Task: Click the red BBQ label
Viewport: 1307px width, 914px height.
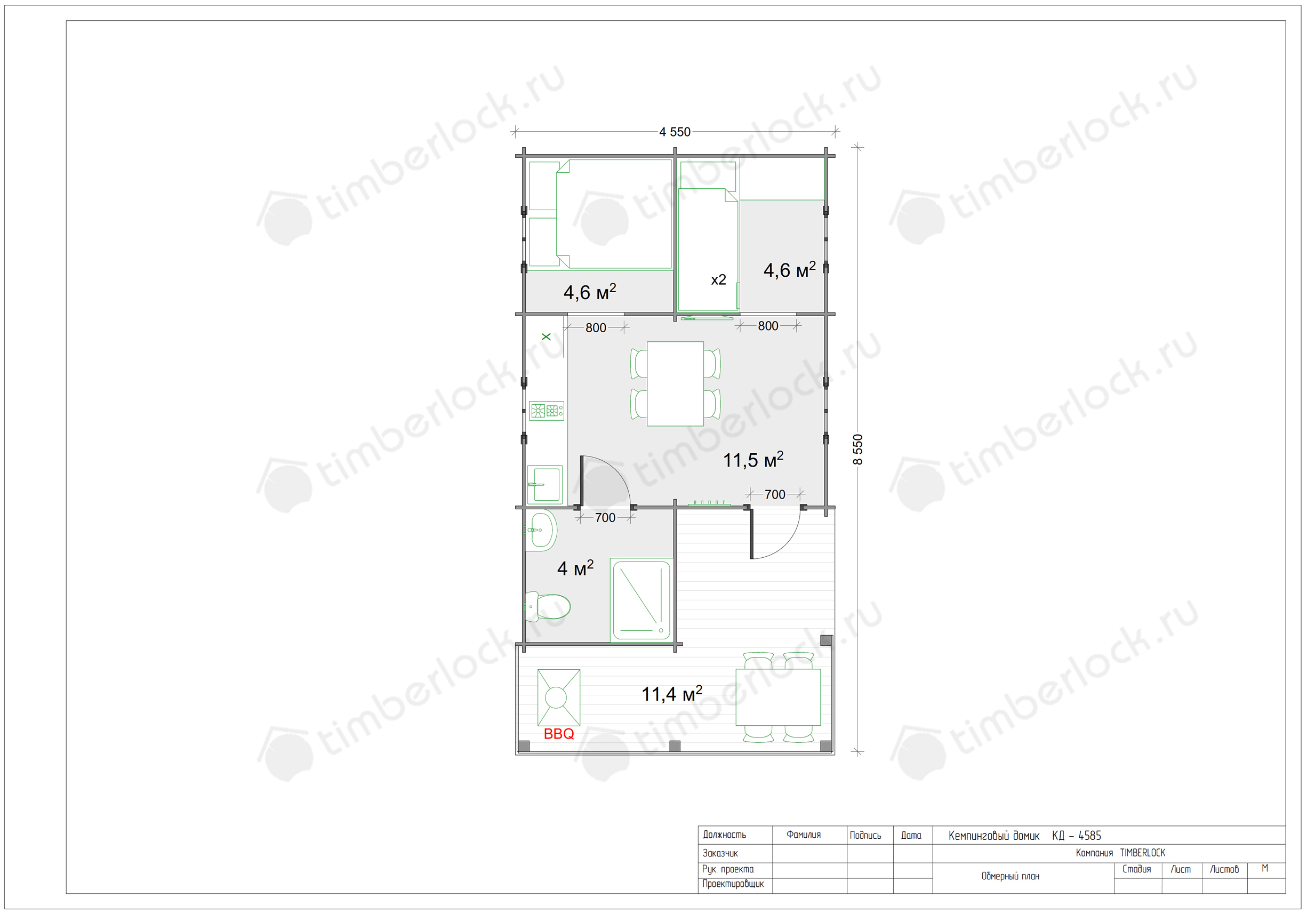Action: click(x=558, y=734)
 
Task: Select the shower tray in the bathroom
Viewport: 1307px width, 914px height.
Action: click(x=642, y=600)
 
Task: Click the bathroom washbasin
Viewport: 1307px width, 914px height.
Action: click(x=540, y=531)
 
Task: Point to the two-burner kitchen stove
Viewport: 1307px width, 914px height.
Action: click(x=547, y=410)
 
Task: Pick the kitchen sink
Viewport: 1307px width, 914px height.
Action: click(x=545, y=485)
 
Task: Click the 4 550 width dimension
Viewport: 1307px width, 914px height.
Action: click(x=675, y=132)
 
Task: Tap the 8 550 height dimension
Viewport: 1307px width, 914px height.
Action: click(x=858, y=449)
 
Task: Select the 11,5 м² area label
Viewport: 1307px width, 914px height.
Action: click(x=753, y=459)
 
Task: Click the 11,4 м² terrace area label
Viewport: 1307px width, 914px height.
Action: click(x=672, y=693)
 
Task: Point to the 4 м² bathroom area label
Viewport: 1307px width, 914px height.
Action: click(x=575, y=567)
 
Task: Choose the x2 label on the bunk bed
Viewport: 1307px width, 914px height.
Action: click(x=718, y=280)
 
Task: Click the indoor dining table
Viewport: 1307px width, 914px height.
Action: click(x=675, y=383)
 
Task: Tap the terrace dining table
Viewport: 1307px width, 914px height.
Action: click(x=778, y=697)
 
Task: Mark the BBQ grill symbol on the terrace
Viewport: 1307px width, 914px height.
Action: click(x=559, y=697)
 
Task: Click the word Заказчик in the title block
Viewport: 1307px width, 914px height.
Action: click(x=720, y=853)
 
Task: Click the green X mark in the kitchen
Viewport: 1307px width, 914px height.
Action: click(x=546, y=337)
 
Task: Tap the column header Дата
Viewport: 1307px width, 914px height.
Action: click(x=911, y=836)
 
